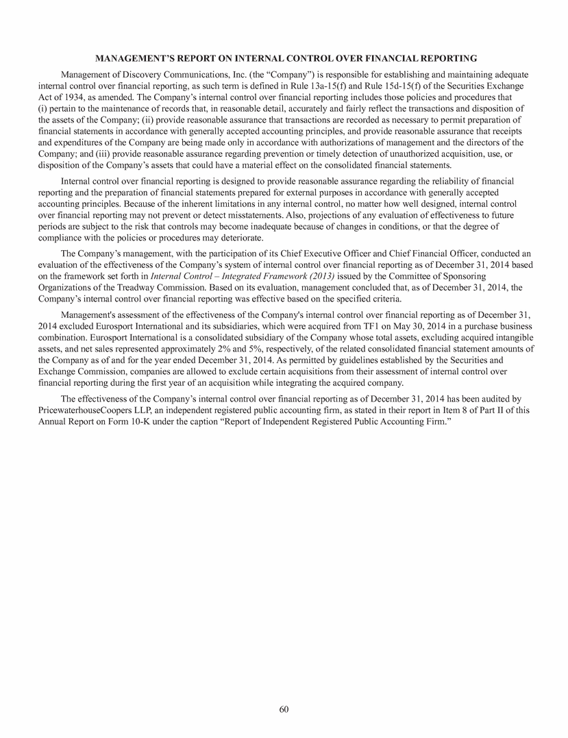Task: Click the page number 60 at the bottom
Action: (x=284, y=709)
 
